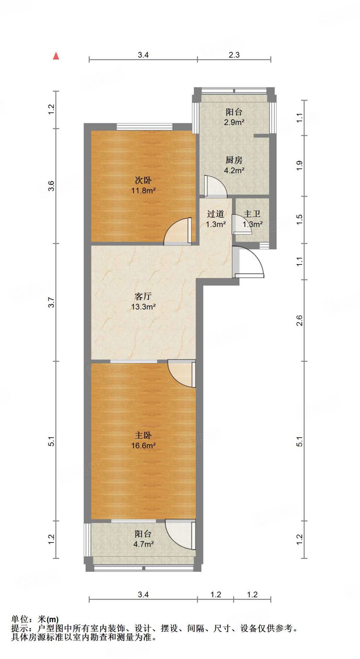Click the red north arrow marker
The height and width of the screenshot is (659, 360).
point(56,56)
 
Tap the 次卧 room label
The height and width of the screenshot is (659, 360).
point(143,180)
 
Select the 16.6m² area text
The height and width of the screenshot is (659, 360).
point(143,446)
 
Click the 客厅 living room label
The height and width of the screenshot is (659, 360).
point(143,296)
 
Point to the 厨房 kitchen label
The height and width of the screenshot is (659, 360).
point(234,160)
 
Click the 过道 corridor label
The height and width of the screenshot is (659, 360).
point(215,214)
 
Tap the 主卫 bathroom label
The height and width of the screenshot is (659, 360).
point(252,214)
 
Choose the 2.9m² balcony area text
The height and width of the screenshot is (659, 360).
point(234,122)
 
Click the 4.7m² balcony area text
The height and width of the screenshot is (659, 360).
point(143,544)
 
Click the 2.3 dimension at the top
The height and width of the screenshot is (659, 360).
point(234,55)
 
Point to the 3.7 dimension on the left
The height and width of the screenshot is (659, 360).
point(51,302)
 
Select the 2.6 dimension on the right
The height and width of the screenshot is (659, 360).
point(299,320)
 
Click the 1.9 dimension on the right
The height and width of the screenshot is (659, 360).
point(299,165)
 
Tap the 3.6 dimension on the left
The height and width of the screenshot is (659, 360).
point(51,186)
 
